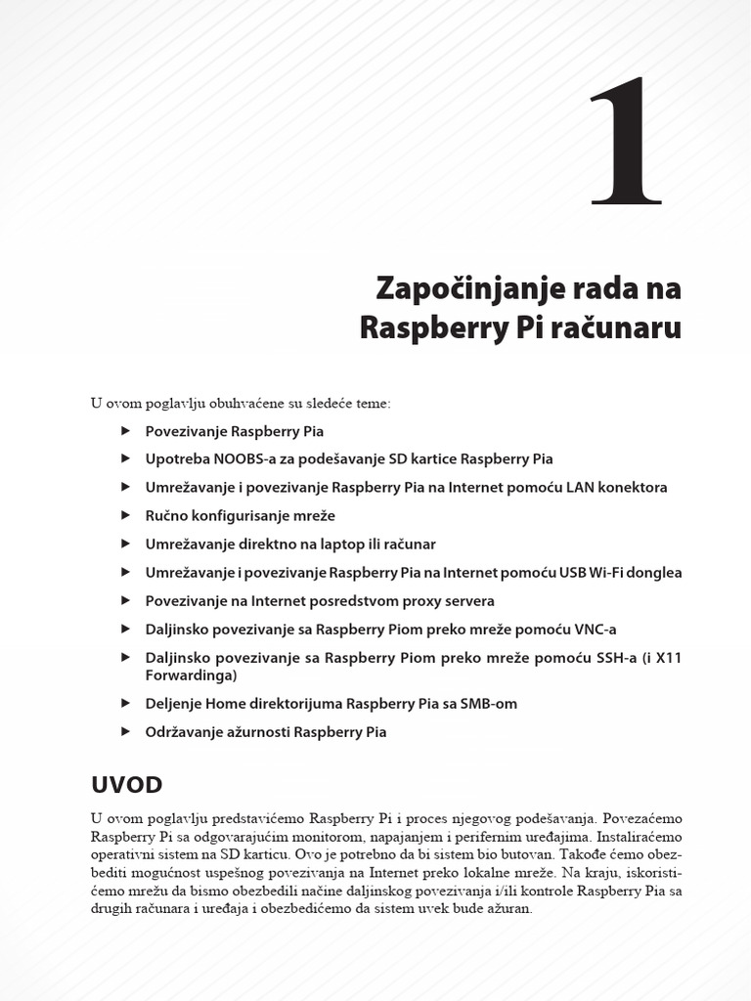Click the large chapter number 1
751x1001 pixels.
[626, 143]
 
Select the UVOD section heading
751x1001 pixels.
[126, 785]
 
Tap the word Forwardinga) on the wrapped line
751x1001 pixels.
[192, 675]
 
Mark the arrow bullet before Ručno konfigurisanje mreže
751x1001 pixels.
[124, 515]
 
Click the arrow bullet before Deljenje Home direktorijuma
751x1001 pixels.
[124, 703]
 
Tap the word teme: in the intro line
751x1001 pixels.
[371, 403]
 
